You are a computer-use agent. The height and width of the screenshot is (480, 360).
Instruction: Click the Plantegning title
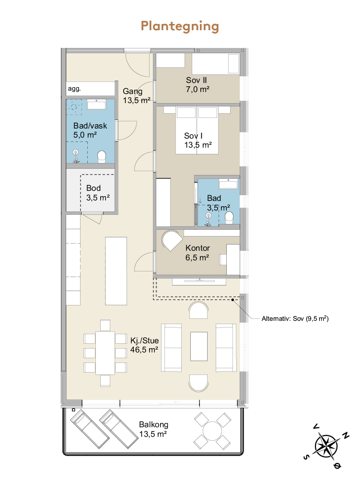(180, 27)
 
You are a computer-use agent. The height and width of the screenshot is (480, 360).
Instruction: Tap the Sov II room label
(197, 85)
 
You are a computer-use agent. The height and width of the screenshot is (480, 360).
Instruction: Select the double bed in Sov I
(197, 130)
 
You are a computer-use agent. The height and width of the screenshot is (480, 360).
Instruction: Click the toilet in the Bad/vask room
(101, 157)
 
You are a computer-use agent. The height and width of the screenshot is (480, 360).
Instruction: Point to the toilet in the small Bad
(229, 218)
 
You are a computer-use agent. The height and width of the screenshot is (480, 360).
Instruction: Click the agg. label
(74, 89)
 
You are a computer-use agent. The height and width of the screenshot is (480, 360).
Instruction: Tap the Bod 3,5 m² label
(98, 193)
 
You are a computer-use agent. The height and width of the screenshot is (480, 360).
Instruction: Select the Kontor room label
(197, 253)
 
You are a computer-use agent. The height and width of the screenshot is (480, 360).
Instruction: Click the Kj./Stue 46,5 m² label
(144, 345)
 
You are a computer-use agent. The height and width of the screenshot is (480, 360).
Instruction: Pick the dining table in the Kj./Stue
(105, 353)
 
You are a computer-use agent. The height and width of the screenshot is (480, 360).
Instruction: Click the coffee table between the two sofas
(198, 347)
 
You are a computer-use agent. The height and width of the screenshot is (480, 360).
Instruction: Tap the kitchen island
(116, 271)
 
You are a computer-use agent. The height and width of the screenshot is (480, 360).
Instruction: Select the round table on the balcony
(212, 431)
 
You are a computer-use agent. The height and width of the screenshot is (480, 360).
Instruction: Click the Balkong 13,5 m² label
(153, 429)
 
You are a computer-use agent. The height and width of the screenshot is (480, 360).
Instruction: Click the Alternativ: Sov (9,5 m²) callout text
(295, 319)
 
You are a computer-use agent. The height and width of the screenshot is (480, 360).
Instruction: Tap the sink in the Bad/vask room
(96, 105)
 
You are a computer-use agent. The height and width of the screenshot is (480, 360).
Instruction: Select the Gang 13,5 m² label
(137, 95)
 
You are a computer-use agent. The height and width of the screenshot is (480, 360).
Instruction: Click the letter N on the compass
(345, 435)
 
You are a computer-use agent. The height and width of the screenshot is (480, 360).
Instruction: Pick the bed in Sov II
(216, 64)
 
